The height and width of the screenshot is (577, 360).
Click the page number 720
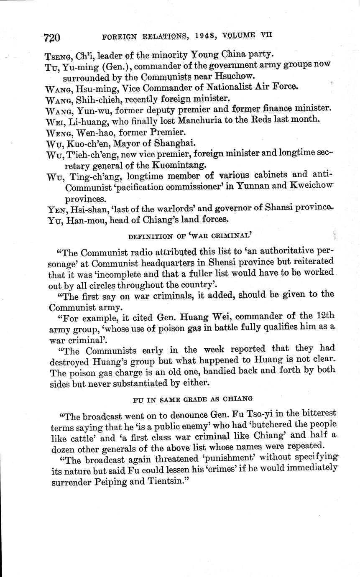tap(52, 37)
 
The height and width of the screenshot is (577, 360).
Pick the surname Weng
tap(58, 132)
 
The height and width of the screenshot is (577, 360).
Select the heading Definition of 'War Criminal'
tap(192, 236)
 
